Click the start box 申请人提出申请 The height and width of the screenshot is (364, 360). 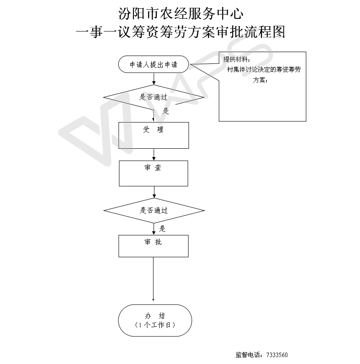[x=154, y=64]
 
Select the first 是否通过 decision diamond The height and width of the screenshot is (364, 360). [x=154, y=97]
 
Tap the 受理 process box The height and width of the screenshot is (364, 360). [x=154, y=135]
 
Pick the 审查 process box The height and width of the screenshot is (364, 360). [x=154, y=173]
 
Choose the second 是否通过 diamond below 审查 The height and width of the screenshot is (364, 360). [x=154, y=210]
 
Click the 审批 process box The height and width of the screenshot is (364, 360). [x=154, y=246]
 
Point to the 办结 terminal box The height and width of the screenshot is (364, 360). [x=155, y=320]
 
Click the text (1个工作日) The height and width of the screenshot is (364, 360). [x=155, y=325]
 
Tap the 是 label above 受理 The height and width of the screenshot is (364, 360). [x=166, y=111]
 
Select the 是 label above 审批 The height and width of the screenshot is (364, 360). [x=162, y=229]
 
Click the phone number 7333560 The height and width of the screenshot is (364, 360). [x=277, y=355]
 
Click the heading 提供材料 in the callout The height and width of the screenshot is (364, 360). [x=235, y=59]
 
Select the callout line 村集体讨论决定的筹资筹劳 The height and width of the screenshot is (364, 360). [x=264, y=70]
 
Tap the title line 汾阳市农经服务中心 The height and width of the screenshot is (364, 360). [x=181, y=14]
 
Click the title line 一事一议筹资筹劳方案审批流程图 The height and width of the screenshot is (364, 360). [x=180, y=32]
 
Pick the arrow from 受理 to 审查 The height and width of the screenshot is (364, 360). [x=154, y=154]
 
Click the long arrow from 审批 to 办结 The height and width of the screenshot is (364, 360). [x=153, y=279]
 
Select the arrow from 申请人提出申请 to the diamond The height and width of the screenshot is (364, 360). [x=154, y=79]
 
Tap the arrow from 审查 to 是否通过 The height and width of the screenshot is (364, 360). [x=154, y=192]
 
